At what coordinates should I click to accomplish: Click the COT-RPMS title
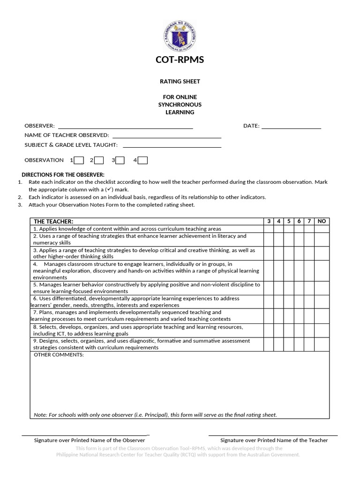(180, 60)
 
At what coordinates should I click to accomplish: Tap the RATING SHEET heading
(180, 82)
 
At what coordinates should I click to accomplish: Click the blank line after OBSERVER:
(125, 127)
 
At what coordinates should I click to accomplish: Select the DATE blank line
(291, 127)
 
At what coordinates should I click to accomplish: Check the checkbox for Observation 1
(79, 160)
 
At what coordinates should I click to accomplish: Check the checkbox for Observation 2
(99, 160)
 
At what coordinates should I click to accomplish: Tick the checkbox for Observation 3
(120, 160)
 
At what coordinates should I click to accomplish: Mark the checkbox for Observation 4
(142, 160)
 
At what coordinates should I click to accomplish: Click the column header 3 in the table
(269, 221)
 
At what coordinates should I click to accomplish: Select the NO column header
(322, 221)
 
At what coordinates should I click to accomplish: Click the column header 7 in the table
(309, 221)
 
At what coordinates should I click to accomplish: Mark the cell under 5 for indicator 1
(289, 229)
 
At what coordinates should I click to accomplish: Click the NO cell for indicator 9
(322, 344)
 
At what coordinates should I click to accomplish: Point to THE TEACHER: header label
(53, 221)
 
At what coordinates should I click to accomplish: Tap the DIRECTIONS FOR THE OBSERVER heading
(63, 174)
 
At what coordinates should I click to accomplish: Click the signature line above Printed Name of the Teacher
(273, 435)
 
